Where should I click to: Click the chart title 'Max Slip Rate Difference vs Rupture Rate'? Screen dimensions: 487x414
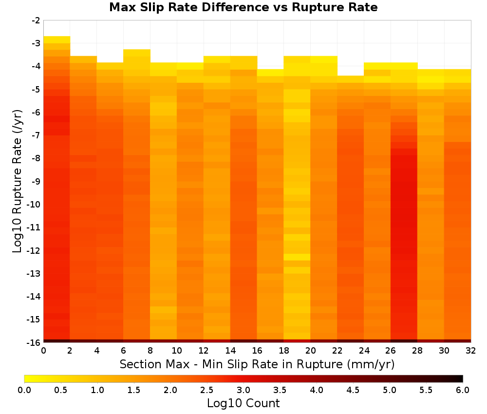click(243, 7)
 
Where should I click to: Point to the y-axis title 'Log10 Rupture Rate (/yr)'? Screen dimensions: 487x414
click(18, 181)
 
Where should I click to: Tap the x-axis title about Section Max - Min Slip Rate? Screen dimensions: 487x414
click(257, 364)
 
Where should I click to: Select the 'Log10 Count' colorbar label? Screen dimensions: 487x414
click(243, 403)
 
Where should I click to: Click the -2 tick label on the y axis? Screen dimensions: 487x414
click(36, 20)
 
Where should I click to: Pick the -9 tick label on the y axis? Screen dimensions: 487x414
click(36, 181)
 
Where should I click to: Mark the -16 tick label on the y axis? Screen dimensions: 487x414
click(34, 342)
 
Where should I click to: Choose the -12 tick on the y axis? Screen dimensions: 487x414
click(34, 250)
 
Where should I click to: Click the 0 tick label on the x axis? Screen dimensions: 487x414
click(43, 351)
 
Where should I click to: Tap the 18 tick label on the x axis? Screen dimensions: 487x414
click(283, 351)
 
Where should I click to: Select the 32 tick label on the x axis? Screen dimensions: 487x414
click(470, 351)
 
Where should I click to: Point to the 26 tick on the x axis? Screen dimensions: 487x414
click(391, 351)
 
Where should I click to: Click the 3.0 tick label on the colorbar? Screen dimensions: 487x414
click(243, 390)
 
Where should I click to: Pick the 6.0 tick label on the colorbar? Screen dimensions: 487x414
click(463, 390)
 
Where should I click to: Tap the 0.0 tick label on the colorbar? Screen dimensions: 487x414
click(24, 390)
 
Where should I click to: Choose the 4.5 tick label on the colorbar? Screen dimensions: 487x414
click(353, 390)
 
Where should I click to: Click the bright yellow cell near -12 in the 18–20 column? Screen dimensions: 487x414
click(297, 257)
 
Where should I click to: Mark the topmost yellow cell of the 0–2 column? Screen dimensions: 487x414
click(57, 40)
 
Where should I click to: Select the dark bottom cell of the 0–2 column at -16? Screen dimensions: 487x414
click(57, 341)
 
